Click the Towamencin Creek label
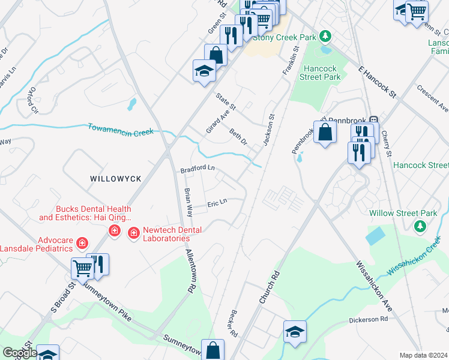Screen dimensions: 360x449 121,129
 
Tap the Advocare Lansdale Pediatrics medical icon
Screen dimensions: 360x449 82,244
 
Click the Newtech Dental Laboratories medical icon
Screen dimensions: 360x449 133,231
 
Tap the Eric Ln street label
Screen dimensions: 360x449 217,203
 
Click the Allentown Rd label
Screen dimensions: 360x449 191,271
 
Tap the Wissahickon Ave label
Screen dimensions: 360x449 374,286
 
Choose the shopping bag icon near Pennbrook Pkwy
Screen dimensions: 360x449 325,133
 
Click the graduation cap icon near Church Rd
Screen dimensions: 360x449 295,332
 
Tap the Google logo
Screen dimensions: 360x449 19,353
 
